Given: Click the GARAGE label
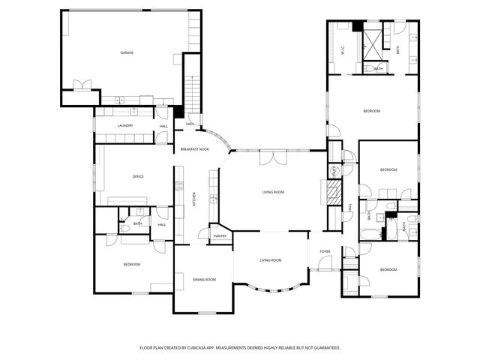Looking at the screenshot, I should coord(127,52).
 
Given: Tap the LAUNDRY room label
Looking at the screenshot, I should coord(124,125).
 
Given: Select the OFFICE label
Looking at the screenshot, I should coord(138,176).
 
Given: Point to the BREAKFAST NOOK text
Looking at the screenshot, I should coord(194,149).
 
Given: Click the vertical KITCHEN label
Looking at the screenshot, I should coord(194,199).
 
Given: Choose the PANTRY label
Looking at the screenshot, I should coord(220,236).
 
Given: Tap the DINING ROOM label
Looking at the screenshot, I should coord(204,280).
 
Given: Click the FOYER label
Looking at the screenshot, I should coord(325,251).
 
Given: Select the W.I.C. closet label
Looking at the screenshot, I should coord(342,50).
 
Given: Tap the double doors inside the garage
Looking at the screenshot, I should coord(82,84).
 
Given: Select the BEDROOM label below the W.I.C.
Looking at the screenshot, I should coord(372,111).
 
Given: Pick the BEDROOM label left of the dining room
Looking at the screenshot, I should coord(131,264).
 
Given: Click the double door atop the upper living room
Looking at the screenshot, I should coord(272,157).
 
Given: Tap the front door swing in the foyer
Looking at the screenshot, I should coord(324,262).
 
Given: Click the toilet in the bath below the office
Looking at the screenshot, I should coord(124,227).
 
